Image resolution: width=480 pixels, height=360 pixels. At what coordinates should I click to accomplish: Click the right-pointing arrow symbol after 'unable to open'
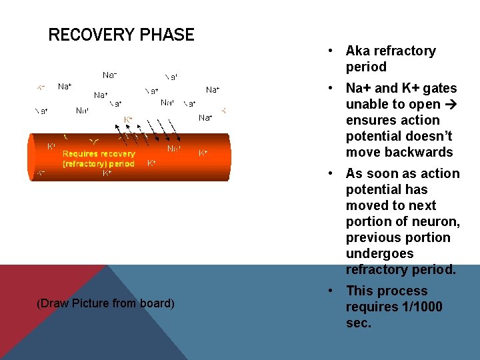tap(451, 104)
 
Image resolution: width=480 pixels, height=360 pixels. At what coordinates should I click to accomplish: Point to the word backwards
tap(420, 152)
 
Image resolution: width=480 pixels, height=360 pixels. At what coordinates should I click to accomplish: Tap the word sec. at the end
tap(359, 323)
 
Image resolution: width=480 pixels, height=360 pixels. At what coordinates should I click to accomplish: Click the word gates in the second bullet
tap(439, 88)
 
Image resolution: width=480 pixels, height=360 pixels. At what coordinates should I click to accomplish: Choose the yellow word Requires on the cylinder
tap(81, 154)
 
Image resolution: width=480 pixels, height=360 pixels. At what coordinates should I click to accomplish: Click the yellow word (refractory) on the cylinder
tap(84, 163)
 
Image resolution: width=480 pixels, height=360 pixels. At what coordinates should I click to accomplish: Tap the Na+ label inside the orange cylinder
tap(173, 148)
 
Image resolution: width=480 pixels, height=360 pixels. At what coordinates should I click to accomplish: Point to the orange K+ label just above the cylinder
tap(128, 120)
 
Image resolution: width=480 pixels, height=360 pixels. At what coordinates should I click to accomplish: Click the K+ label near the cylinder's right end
tap(203, 153)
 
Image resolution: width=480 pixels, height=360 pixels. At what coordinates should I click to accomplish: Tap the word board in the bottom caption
tap(156, 303)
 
